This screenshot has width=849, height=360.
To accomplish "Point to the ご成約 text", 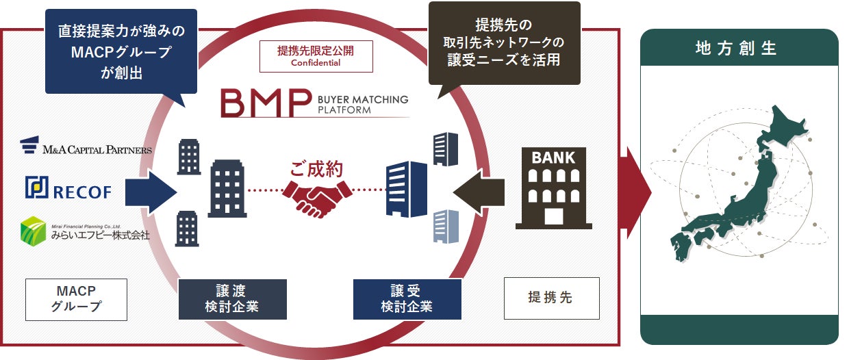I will pos(316,168).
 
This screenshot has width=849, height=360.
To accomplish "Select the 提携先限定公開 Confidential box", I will pos(316,56).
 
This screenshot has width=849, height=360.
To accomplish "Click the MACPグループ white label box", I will pos(76,299).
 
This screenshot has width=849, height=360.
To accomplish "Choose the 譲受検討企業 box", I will pos(407,299).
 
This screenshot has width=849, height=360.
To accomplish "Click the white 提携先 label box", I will pos(551,298).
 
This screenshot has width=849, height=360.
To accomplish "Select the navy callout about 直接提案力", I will pos(121,51).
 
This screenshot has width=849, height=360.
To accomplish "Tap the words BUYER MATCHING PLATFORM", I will pos(362,104).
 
